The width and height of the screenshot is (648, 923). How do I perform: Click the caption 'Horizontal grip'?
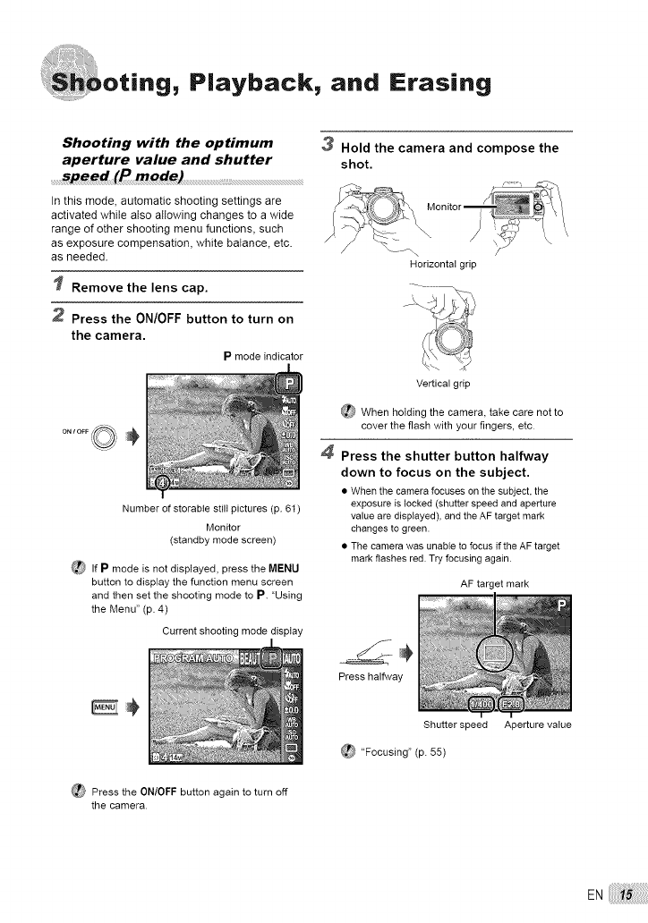(441, 264)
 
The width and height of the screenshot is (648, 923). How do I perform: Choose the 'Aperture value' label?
(537, 724)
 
